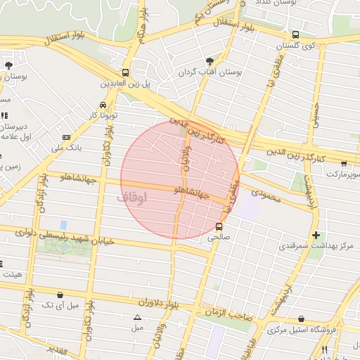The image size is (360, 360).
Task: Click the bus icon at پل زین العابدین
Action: click(x=125, y=72)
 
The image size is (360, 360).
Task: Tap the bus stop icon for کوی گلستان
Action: click(x=295, y=34)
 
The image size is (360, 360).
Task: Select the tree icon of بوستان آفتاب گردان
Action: click(x=210, y=61)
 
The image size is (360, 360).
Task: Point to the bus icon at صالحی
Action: click(x=219, y=226)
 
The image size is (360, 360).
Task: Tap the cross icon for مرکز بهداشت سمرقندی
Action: click(x=316, y=235)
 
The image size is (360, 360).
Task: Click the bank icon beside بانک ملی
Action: click(x=66, y=137)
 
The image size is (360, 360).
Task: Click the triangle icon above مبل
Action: click(x=137, y=317)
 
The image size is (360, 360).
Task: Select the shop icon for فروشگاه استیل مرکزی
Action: click(x=302, y=319)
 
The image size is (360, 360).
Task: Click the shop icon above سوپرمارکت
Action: click(x=343, y=163)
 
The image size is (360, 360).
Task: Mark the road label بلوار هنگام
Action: click(x=143, y=27)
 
